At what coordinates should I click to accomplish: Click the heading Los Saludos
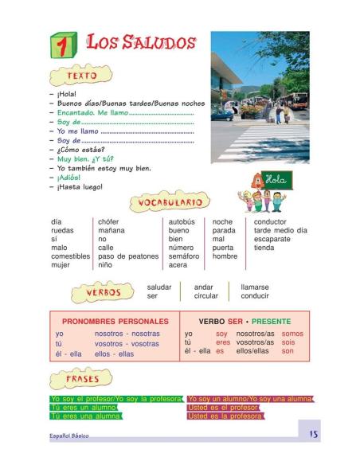point(140,43)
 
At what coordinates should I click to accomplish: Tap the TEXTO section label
point(81,76)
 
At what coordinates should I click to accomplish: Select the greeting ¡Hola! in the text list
point(66,94)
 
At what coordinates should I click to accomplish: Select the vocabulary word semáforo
point(183,256)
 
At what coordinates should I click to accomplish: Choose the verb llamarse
point(254,287)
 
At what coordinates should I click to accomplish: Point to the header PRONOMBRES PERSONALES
point(115,321)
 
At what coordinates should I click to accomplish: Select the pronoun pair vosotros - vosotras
point(127,344)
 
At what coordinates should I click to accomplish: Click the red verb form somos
point(292,334)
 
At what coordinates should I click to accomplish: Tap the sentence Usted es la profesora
point(225,416)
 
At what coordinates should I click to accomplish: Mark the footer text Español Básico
point(69,436)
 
